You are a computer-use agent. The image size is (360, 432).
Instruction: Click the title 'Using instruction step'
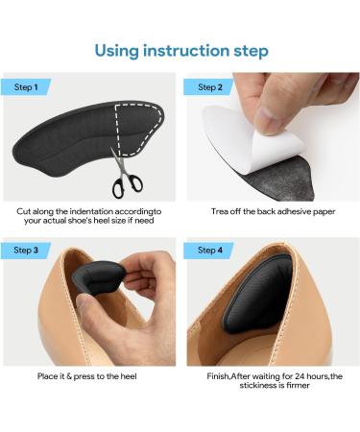(x=180, y=50)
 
